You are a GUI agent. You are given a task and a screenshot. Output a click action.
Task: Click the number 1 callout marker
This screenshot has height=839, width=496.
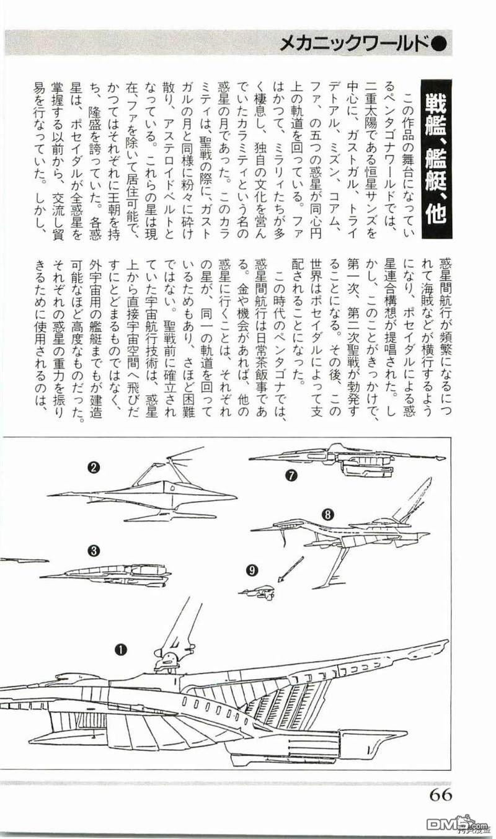point(120,650)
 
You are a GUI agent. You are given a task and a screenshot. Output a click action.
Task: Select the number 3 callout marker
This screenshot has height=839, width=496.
point(93,549)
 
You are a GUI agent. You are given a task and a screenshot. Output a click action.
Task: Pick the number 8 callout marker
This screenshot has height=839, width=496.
point(328,513)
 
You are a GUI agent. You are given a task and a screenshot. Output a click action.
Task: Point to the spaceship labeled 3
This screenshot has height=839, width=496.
point(112,574)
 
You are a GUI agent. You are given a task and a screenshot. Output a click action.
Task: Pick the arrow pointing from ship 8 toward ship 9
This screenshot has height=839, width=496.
point(290,569)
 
